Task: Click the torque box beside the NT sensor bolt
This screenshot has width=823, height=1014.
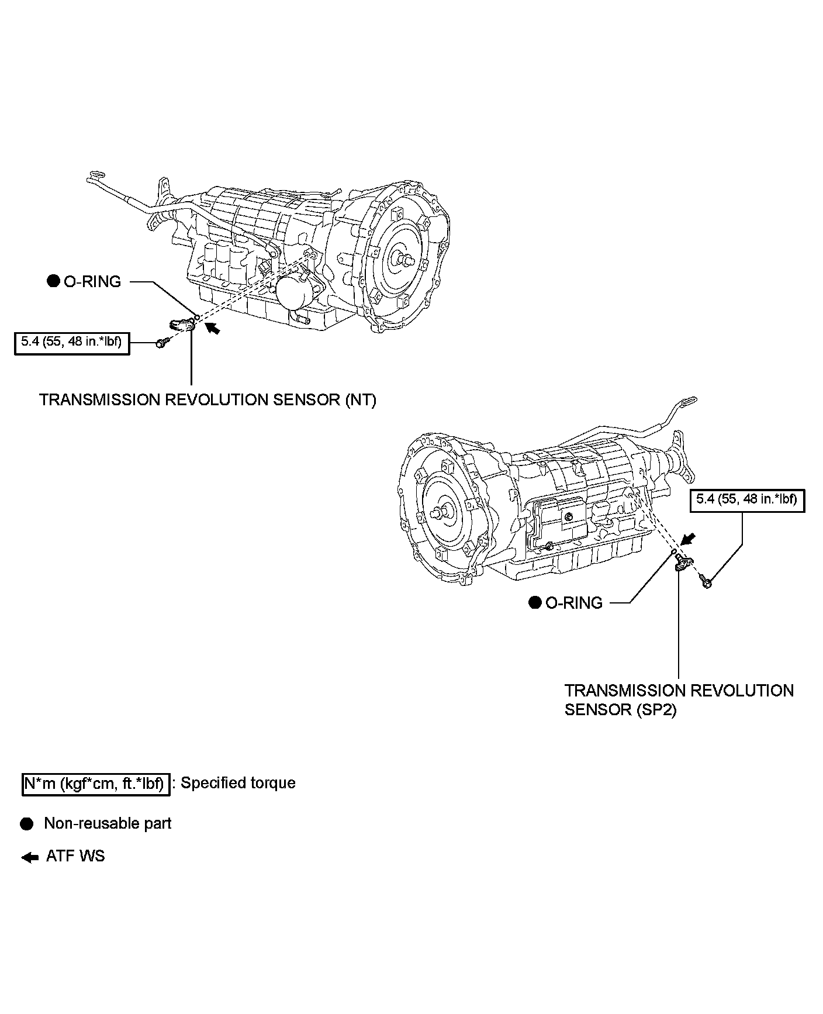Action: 72,343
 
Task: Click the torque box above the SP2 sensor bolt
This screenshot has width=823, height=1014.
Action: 747,500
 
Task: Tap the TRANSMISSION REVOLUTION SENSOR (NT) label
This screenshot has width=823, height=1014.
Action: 208,401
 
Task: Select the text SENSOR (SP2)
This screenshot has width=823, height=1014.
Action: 621,709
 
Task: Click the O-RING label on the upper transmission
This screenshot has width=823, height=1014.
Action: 92,282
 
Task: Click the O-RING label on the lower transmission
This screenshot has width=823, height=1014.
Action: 574,603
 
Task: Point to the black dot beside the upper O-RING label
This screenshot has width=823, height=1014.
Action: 53,282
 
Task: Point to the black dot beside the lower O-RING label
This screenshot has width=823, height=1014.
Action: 535,603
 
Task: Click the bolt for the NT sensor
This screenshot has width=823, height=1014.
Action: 161,343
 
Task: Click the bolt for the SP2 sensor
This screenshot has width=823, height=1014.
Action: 706,581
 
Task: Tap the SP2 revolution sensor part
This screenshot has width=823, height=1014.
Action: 683,564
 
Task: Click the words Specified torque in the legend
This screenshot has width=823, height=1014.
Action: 238,783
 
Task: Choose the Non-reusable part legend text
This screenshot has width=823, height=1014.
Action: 108,823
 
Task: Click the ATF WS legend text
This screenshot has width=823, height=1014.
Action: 75,856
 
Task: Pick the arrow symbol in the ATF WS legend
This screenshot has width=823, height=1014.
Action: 29,857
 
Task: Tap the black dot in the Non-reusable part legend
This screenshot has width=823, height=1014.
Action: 26,824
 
